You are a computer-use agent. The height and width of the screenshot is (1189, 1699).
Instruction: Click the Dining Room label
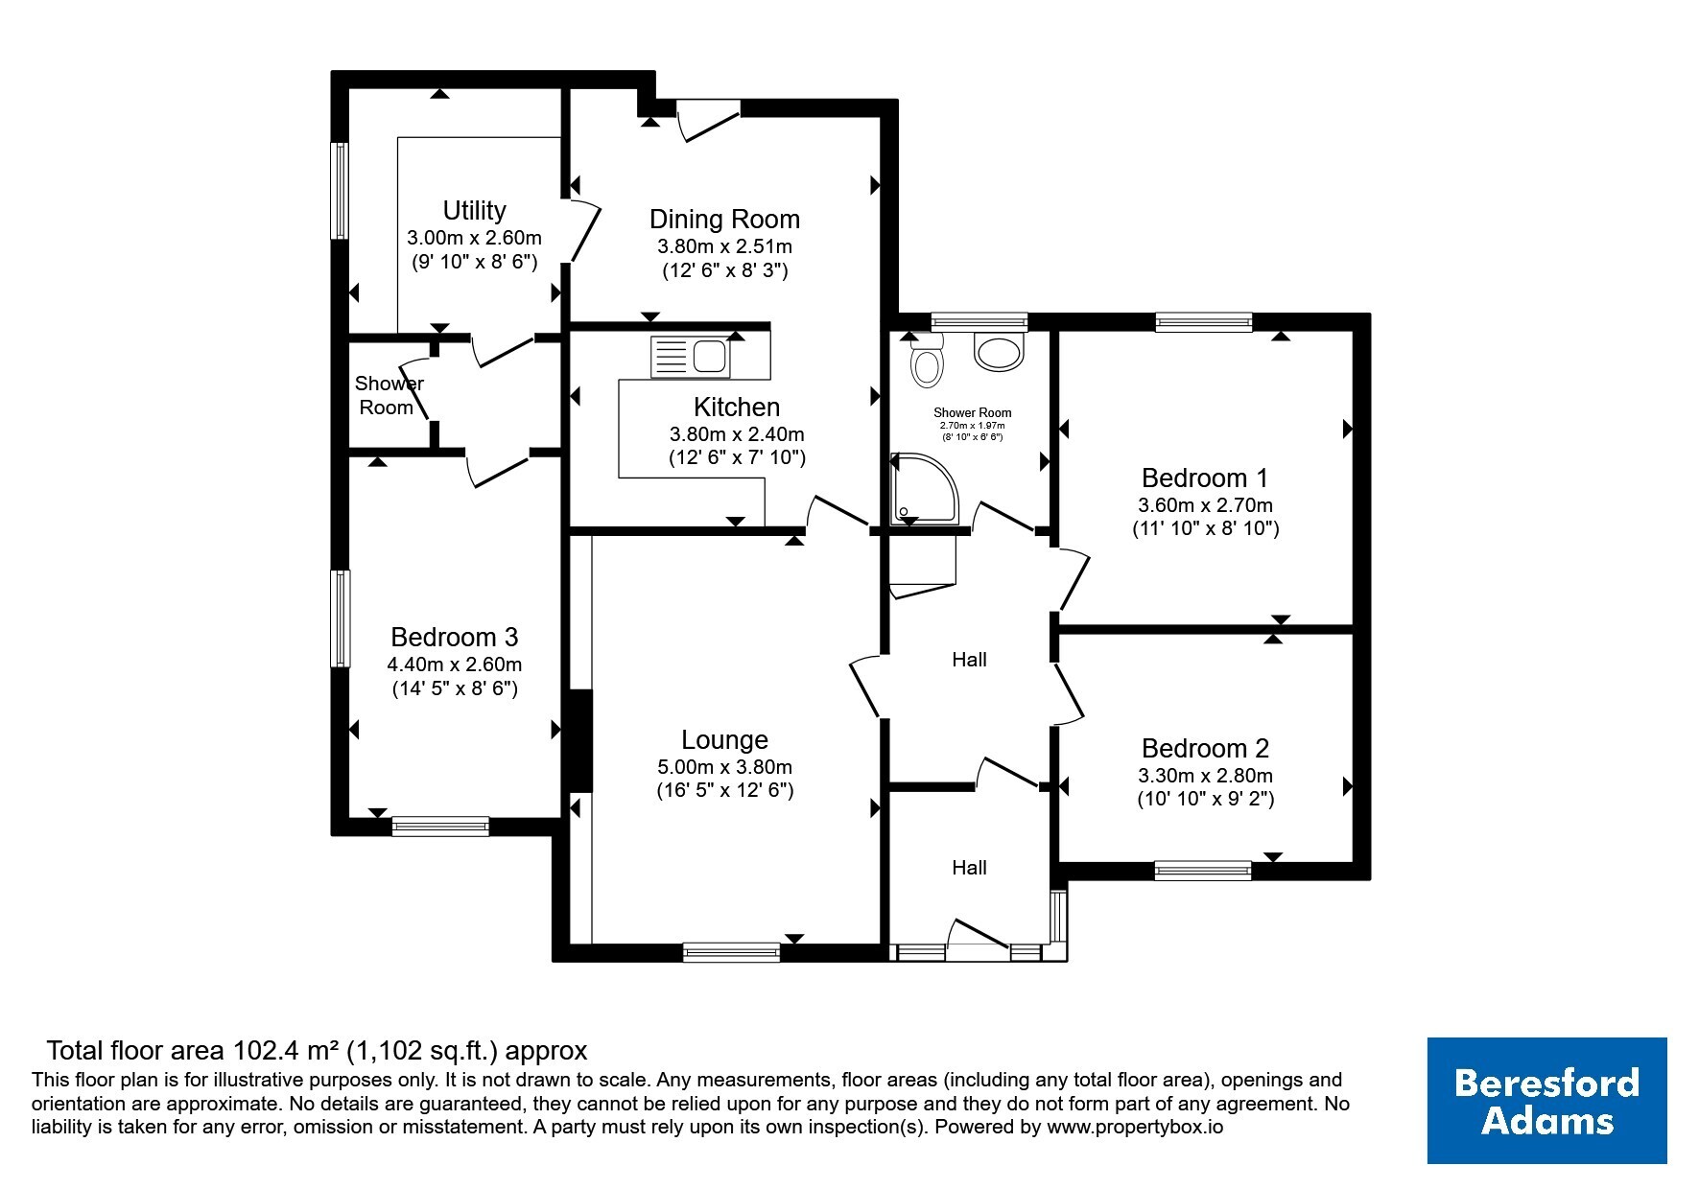point(724,220)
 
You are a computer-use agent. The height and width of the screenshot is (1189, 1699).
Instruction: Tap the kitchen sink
point(690,357)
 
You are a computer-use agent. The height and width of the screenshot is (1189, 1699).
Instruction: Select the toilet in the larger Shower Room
point(927,360)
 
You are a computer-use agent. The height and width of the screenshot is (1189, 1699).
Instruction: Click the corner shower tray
point(923,489)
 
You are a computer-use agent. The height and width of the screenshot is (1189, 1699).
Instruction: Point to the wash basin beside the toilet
point(1000,350)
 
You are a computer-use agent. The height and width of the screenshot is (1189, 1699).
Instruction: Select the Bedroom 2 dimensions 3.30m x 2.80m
point(1206,776)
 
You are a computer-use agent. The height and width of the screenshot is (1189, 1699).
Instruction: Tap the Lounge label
point(724,739)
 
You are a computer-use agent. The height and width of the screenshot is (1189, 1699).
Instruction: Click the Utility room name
point(474,211)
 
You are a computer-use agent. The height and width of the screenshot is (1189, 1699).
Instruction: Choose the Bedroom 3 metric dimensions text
point(455,664)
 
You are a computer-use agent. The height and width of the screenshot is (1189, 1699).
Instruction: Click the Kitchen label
point(737,407)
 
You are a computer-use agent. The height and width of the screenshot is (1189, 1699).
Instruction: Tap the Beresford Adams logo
point(1547,1101)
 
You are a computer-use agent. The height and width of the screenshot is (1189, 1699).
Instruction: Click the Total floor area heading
point(317,1050)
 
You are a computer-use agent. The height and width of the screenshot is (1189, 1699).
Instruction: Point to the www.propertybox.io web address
point(1135,1128)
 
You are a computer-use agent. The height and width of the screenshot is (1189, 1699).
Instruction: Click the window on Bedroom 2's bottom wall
point(1203,870)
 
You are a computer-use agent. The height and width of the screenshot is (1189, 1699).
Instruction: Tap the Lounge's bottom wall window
point(731,951)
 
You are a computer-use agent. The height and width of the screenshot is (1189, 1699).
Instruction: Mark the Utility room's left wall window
point(340,190)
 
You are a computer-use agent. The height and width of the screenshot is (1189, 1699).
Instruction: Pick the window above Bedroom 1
point(1204,322)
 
